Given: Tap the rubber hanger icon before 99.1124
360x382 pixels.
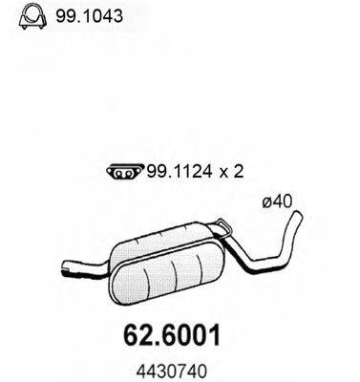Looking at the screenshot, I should (116, 172).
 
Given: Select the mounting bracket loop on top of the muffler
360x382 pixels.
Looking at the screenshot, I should (222, 227).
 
